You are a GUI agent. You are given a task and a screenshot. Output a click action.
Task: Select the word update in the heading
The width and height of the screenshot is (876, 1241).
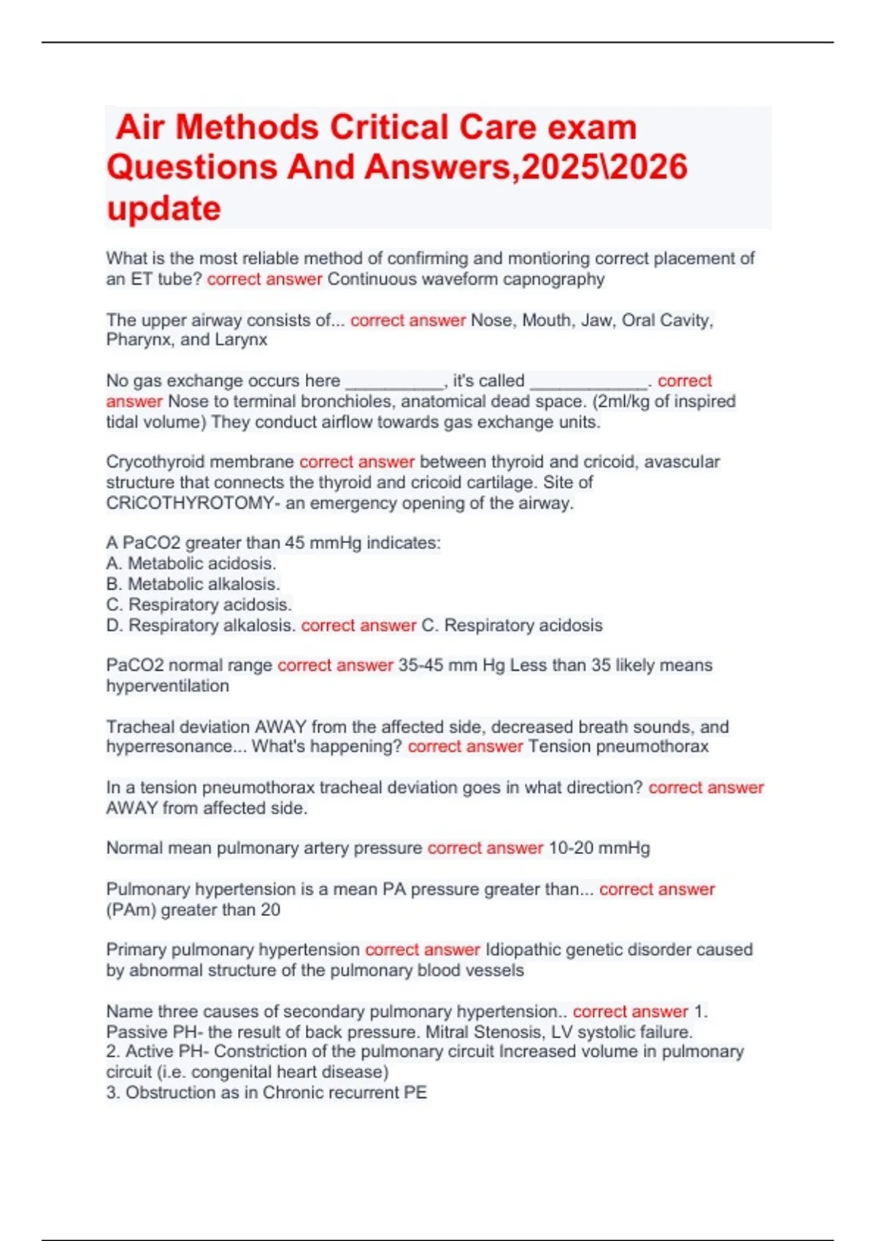tap(164, 209)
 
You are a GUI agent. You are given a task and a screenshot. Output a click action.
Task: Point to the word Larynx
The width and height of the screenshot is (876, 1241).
tap(241, 340)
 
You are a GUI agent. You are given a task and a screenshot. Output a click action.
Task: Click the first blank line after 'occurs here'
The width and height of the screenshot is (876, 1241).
tap(394, 381)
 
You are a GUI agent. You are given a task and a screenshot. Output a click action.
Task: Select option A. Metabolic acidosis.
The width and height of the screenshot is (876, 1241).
tap(191, 564)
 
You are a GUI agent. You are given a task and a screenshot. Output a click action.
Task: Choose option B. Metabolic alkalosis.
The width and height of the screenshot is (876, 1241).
tap(193, 584)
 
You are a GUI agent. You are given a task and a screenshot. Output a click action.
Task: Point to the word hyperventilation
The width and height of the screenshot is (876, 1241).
tap(167, 686)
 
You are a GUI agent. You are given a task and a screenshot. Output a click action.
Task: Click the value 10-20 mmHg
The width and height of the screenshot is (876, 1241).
tap(599, 848)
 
